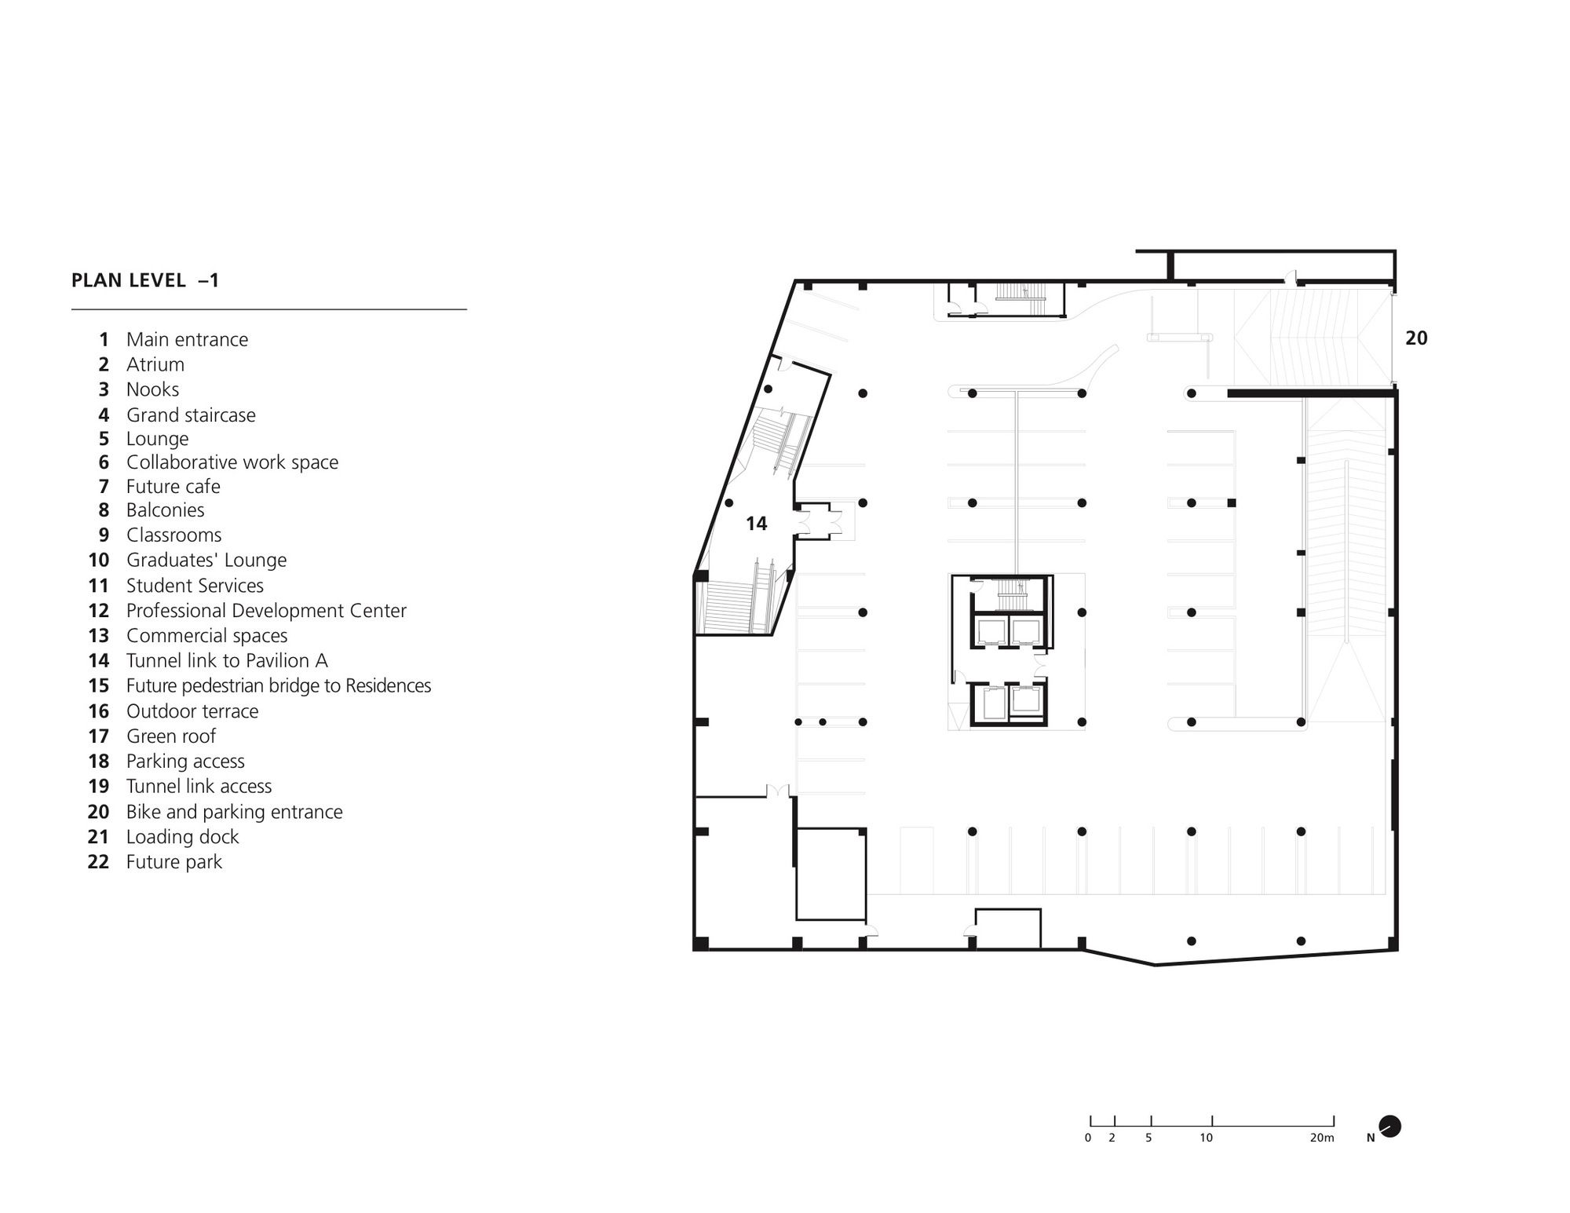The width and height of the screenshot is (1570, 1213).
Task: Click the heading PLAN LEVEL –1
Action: coord(145,280)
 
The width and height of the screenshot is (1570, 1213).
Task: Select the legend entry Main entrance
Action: coord(187,339)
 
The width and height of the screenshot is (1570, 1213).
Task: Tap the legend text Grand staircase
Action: coord(191,415)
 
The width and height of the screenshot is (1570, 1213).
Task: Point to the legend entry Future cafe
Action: coord(173,486)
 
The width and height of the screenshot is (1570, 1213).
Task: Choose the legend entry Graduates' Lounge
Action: coord(206,560)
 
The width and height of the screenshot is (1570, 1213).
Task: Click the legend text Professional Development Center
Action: coord(266,610)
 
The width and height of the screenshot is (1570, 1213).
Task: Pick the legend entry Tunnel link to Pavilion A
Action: coord(227,660)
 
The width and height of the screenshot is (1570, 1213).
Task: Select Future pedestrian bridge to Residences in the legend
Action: coord(279,685)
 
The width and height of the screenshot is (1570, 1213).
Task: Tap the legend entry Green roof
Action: coord(171,736)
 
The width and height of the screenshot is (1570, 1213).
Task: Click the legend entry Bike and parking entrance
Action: coord(235,812)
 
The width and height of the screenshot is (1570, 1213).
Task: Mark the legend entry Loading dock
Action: coord(183,837)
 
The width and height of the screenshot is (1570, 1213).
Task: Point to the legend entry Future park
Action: coord(174,862)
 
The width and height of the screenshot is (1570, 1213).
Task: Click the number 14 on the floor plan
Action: coord(756,524)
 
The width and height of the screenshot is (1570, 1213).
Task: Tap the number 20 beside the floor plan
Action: coord(1416,338)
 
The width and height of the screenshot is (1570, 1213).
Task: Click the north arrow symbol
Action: coord(1389,1127)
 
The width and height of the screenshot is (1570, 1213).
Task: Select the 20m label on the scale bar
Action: coord(1322,1138)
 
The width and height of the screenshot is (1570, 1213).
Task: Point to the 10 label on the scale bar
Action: coord(1206,1138)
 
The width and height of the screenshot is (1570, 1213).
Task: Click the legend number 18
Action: coord(99,761)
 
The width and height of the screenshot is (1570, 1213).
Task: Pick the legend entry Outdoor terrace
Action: coord(192,711)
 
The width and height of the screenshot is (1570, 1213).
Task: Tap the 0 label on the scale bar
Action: coord(1088,1138)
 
